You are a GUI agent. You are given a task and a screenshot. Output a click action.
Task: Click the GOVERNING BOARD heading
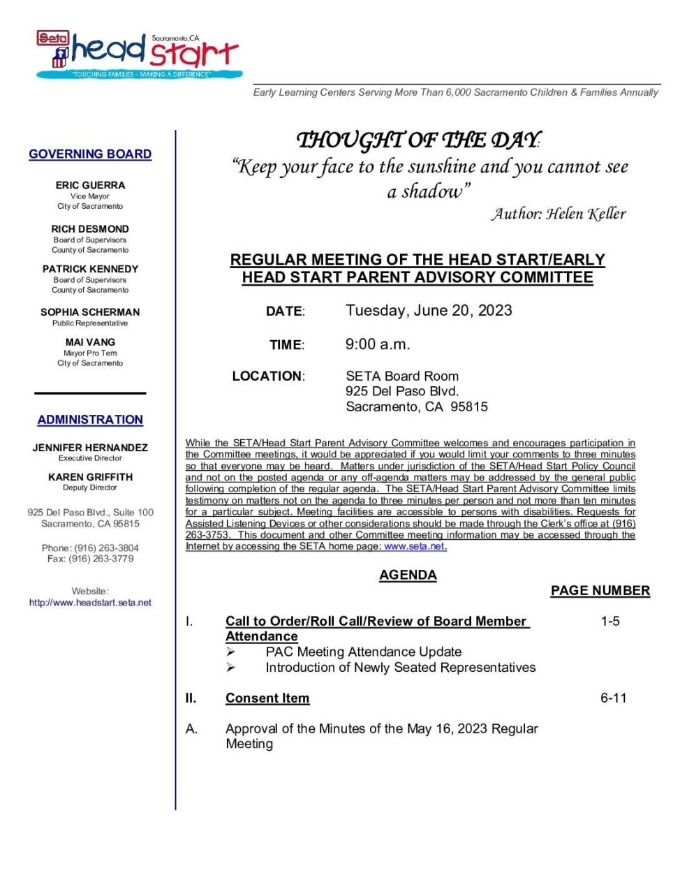coord(90,154)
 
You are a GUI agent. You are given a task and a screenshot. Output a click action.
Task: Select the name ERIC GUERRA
coord(90,185)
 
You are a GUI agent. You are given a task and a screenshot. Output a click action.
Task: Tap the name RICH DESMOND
coord(90,229)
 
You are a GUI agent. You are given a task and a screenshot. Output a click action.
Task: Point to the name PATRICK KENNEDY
coord(90,269)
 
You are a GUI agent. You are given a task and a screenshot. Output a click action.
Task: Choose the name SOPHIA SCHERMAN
coord(90,312)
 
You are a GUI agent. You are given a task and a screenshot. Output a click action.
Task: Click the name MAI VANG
coord(90,342)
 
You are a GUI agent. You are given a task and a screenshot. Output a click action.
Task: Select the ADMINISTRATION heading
coord(90,420)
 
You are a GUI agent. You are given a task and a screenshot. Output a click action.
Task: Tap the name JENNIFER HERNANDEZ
coord(90,448)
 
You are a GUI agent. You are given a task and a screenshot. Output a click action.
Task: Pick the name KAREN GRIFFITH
coord(90,477)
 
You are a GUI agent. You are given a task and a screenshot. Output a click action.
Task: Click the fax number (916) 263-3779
coord(101,559)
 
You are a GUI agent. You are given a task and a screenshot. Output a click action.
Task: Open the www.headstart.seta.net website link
coord(90,603)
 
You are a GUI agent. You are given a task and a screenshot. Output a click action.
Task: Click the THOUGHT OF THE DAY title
coord(417,140)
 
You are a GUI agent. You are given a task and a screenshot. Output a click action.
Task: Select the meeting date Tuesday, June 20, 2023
coord(429,311)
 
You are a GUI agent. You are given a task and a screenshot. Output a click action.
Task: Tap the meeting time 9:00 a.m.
coord(378,344)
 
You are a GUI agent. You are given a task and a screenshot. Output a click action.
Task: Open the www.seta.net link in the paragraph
coord(414,547)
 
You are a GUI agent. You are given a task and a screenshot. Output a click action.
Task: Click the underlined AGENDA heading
coord(408,575)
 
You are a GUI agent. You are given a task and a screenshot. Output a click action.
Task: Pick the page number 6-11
coord(613,698)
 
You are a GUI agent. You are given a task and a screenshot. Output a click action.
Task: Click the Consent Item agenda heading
coord(267,698)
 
